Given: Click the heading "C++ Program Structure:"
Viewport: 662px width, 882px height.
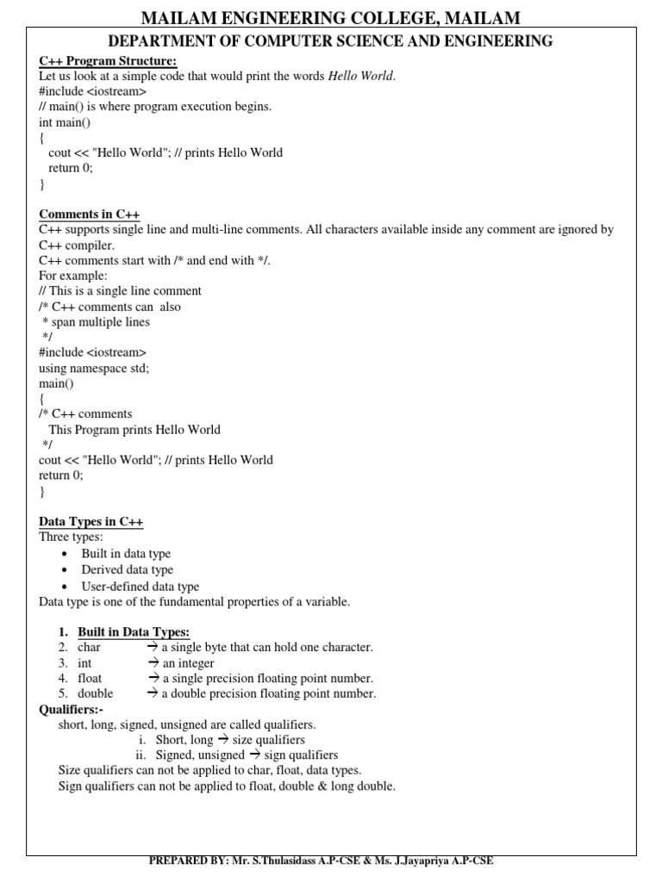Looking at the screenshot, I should click(x=108, y=60).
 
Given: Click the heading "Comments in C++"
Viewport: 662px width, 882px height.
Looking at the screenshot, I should click(x=90, y=214).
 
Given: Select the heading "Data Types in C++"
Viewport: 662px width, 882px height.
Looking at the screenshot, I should click(x=91, y=521).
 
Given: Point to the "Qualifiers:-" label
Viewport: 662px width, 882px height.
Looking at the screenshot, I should click(x=72, y=709).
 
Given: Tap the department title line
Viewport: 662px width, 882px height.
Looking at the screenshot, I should click(x=330, y=40).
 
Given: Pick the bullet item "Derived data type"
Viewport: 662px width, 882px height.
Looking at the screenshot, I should click(x=127, y=569).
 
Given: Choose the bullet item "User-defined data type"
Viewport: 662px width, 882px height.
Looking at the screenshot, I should click(x=140, y=587).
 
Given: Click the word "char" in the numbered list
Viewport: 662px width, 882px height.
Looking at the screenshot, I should click(x=90, y=647).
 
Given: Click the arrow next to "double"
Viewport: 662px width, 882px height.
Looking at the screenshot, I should click(x=153, y=693).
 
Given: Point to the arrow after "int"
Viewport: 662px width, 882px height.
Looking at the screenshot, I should click(x=153, y=662).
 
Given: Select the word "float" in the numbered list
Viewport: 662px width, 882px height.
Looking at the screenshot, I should click(x=90, y=678).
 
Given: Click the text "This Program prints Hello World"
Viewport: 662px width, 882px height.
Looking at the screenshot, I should click(x=134, y=429).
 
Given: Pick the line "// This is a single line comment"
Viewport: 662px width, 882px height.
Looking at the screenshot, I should click(x=121, y=291).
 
